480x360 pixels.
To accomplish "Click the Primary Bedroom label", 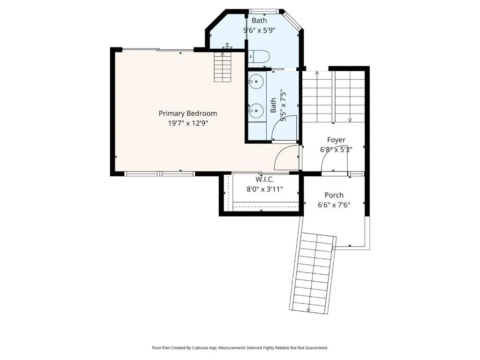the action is point(187,113).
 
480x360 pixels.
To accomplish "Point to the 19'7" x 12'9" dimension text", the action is point(188,123).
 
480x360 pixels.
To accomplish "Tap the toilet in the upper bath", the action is point(259,56).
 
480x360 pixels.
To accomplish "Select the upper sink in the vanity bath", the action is point(256,82).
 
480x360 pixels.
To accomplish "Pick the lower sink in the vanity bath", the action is point(256,111).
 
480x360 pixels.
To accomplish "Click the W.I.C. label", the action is point(265,179).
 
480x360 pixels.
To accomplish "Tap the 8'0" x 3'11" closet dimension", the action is point(265,189).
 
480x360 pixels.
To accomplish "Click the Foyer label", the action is point(336,140).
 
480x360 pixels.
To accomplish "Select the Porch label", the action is point(334,195).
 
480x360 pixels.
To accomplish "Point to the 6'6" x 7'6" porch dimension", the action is point(334,205).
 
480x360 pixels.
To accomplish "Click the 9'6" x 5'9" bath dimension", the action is point(259,30).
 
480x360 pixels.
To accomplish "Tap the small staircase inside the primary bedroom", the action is point(223,67).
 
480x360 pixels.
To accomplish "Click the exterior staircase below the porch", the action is point(313,273).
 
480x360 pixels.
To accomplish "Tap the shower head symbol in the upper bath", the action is point(227,46).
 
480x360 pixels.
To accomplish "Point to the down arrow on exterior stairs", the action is point(308,310).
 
